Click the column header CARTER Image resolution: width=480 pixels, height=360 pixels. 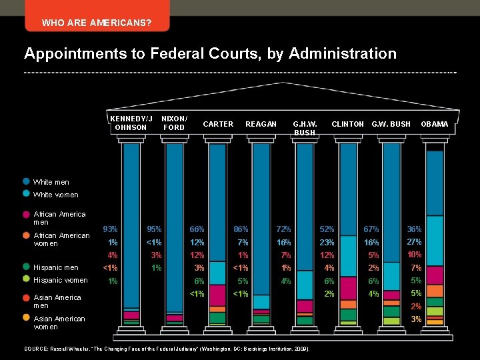point(218,124)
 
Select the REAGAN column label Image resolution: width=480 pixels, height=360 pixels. point(261,124)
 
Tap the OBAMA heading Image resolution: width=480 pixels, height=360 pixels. point(434,124)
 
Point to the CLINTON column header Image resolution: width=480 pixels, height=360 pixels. point(347,124)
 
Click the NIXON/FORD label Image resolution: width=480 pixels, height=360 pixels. point(174,123)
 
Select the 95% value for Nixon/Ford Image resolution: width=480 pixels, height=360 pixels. point(155,229)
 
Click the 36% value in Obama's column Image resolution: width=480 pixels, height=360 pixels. point(415,229)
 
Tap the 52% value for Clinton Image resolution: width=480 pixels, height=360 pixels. point(327,229)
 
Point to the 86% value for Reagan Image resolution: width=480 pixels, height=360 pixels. point(241,229)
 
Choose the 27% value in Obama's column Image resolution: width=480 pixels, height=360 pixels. point(415,241)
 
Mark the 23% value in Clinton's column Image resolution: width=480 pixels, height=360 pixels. point(327,243)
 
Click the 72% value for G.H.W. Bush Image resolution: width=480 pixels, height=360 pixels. point(284,229)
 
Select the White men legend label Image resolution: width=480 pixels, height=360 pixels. point(51,182)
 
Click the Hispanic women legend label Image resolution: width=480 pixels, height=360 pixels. point(60,280)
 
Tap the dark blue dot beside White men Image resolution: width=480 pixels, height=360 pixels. point(26,181)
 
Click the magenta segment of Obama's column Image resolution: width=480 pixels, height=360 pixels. point(435,275)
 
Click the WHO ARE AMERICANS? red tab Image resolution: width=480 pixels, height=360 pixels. point(97,23)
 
